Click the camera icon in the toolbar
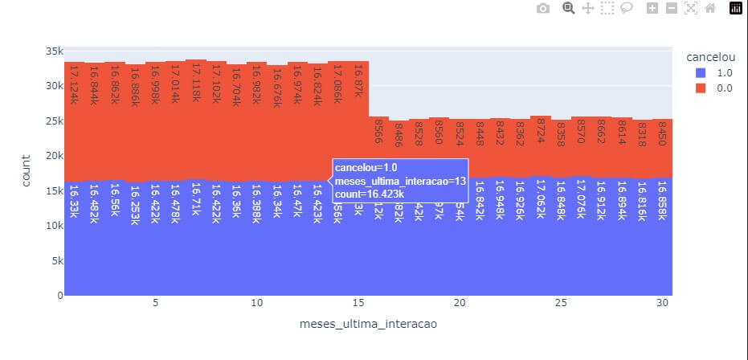click(543, 8)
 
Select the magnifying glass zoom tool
click(568, 8)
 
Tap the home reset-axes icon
click(710, 8)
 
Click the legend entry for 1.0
click(724, 72)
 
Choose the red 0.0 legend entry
click(724, 88)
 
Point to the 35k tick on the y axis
click(53, 51)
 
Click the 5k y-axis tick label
click(56, 260)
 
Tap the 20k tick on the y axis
click(53, 156)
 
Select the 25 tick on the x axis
click(561, 303)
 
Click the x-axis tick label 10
click(256, 303)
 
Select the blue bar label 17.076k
click(582, 204)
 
